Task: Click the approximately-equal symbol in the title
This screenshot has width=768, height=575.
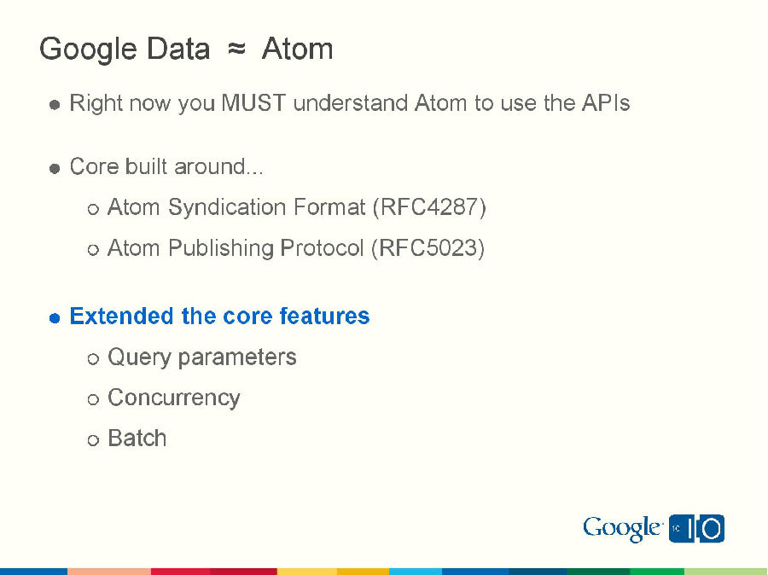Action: click(x=236, y=49)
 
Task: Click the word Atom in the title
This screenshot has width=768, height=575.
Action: click(x=297, y=49)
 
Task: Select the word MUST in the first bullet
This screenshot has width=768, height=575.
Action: click(x=253, y=104)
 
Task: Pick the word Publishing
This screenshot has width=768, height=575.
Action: click(x=220, y=248)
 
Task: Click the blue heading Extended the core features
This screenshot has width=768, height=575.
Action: click(x=219, y=317)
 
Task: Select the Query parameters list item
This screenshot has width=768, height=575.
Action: click(x=202, y=357)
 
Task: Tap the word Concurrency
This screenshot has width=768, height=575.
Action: click(x=174, y=398)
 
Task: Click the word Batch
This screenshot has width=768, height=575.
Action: click(x=137, y=439)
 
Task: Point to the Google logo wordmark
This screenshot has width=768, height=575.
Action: click(x=622, y=529)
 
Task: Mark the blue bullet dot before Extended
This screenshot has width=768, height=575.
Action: click(x=55, y=317)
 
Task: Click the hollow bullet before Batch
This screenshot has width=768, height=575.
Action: click(x=93, y=440)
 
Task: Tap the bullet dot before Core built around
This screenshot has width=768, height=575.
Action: click(x=55, y=168)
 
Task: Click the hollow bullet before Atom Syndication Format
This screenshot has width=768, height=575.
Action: click(x=93, y=209)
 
